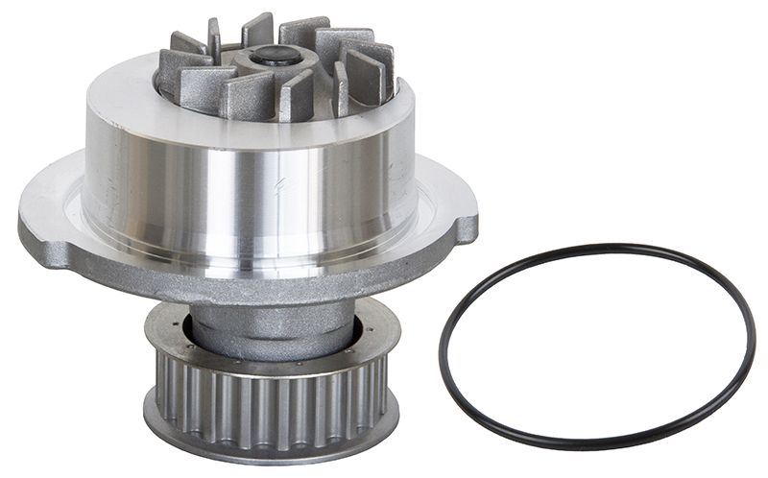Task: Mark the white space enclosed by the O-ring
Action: point(595,346)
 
